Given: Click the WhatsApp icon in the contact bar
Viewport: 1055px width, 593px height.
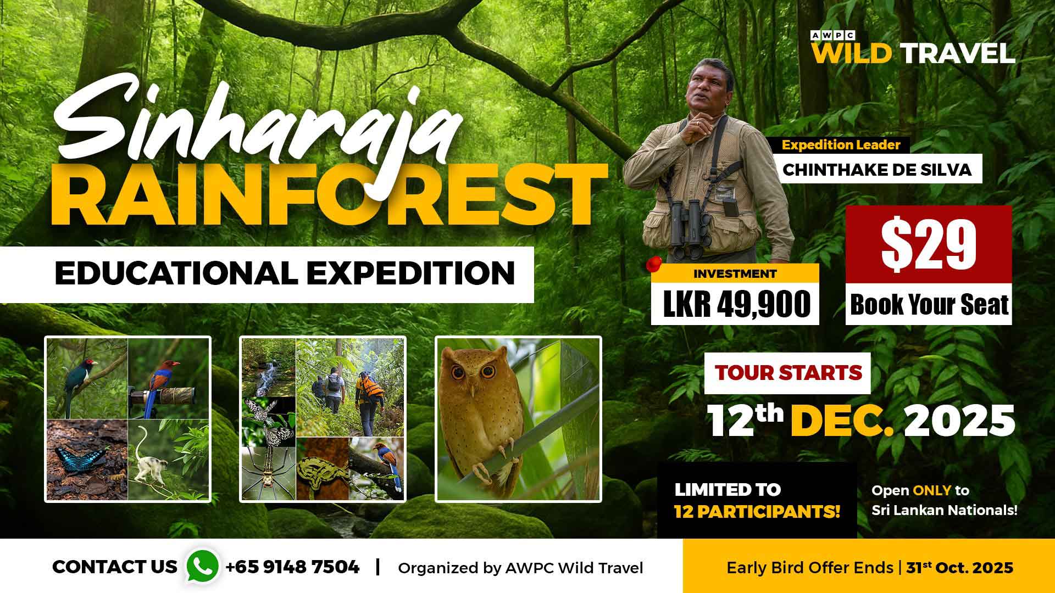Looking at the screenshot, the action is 203,566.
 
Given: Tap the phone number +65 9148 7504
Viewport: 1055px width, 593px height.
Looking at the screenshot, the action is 292,567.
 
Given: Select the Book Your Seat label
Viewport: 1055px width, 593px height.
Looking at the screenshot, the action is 929,305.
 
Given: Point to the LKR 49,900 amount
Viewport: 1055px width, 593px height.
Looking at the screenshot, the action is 736,304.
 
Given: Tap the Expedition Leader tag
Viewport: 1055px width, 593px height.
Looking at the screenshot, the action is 841,145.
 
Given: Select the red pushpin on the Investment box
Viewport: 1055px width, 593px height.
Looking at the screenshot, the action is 653,264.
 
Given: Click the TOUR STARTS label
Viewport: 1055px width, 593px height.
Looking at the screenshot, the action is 789,373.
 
